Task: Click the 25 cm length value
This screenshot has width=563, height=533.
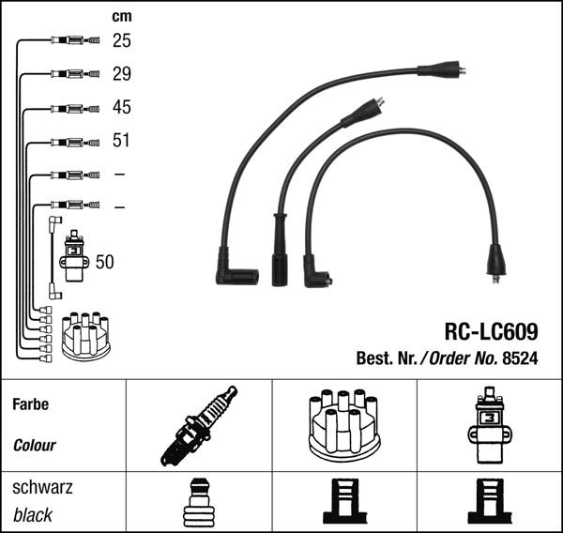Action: pyautogui.click(x=122, y=40)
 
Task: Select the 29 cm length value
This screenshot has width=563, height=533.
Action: pyautogui.click(x=122, y=73)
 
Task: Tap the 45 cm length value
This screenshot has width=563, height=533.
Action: pyautogui.click(x=122, y=107)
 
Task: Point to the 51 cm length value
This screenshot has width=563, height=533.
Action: pyautogui.click(x=122, y=141)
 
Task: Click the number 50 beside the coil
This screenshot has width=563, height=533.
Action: pyautogui.click(x=104, y=262)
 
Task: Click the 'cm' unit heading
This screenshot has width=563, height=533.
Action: pyautogui.click(x=121, y=16)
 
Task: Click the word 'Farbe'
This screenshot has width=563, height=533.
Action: pyautogui.click(x=30, y=405)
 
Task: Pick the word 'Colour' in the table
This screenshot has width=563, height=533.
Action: pyautogui.click(x=34, y=446)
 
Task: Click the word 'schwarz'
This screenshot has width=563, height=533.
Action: pyautogui.click(x=42, y=488)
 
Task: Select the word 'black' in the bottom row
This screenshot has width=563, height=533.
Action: pyautogui.click(x=33, y=515)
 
